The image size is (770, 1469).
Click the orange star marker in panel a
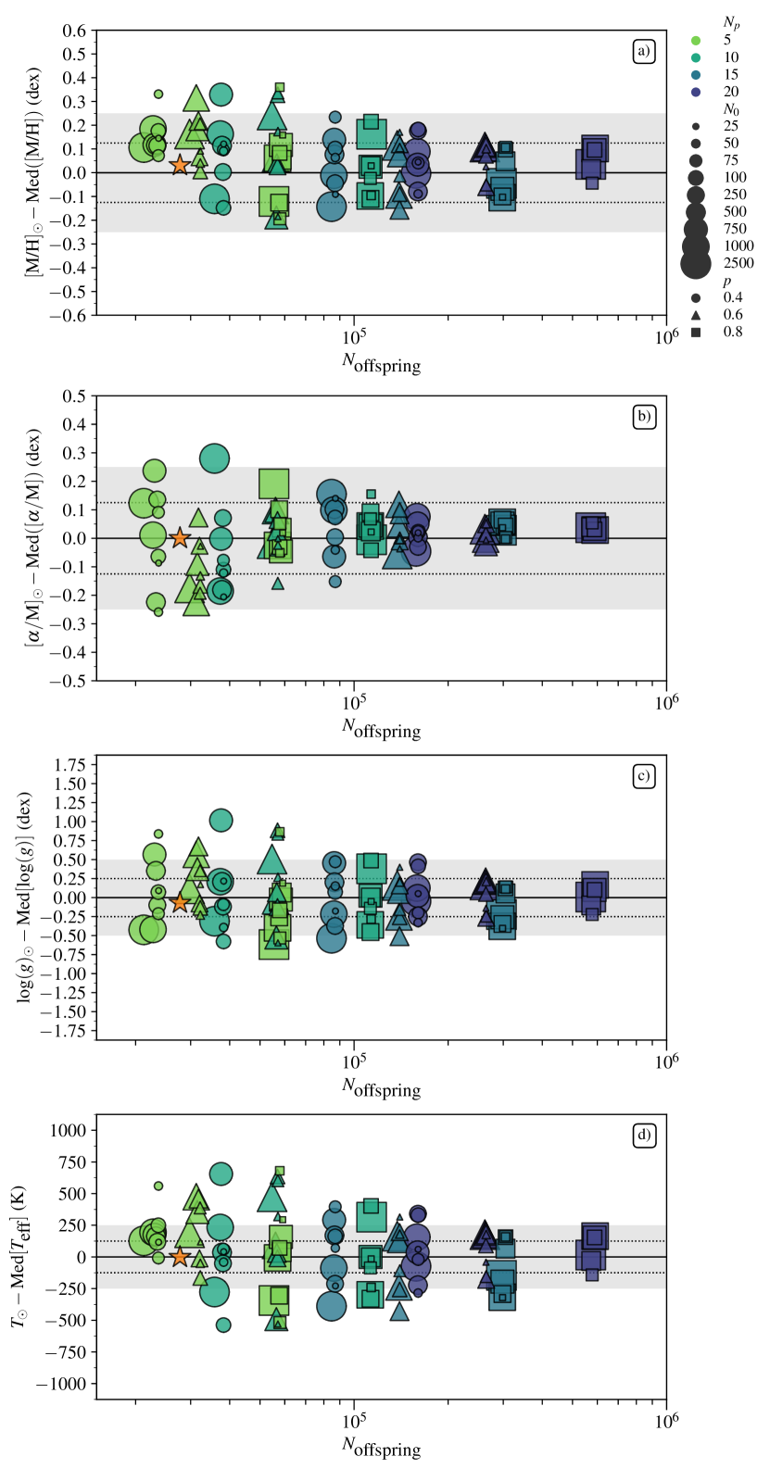point(180,166)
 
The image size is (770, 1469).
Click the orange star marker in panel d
point(180,1257)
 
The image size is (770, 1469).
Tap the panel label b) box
point(643,417)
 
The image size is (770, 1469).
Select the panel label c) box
point(643,776)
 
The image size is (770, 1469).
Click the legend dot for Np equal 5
point(696,40)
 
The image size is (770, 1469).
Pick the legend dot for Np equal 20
point(696,92)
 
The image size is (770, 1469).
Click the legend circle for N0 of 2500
point(696,263)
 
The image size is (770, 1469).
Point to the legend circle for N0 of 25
point(696,126)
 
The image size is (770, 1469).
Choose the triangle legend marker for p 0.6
point(696,315)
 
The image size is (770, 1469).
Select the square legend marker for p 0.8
point(696,332)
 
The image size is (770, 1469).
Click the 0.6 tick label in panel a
point(74,31)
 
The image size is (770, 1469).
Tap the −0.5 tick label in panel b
point(70,681)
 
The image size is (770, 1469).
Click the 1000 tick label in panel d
point(68,1131)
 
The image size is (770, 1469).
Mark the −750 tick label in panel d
point(63,1351)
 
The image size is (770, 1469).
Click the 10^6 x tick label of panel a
point(665,336)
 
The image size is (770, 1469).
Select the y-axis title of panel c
point(25,897)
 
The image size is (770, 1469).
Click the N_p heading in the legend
point(731,22)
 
